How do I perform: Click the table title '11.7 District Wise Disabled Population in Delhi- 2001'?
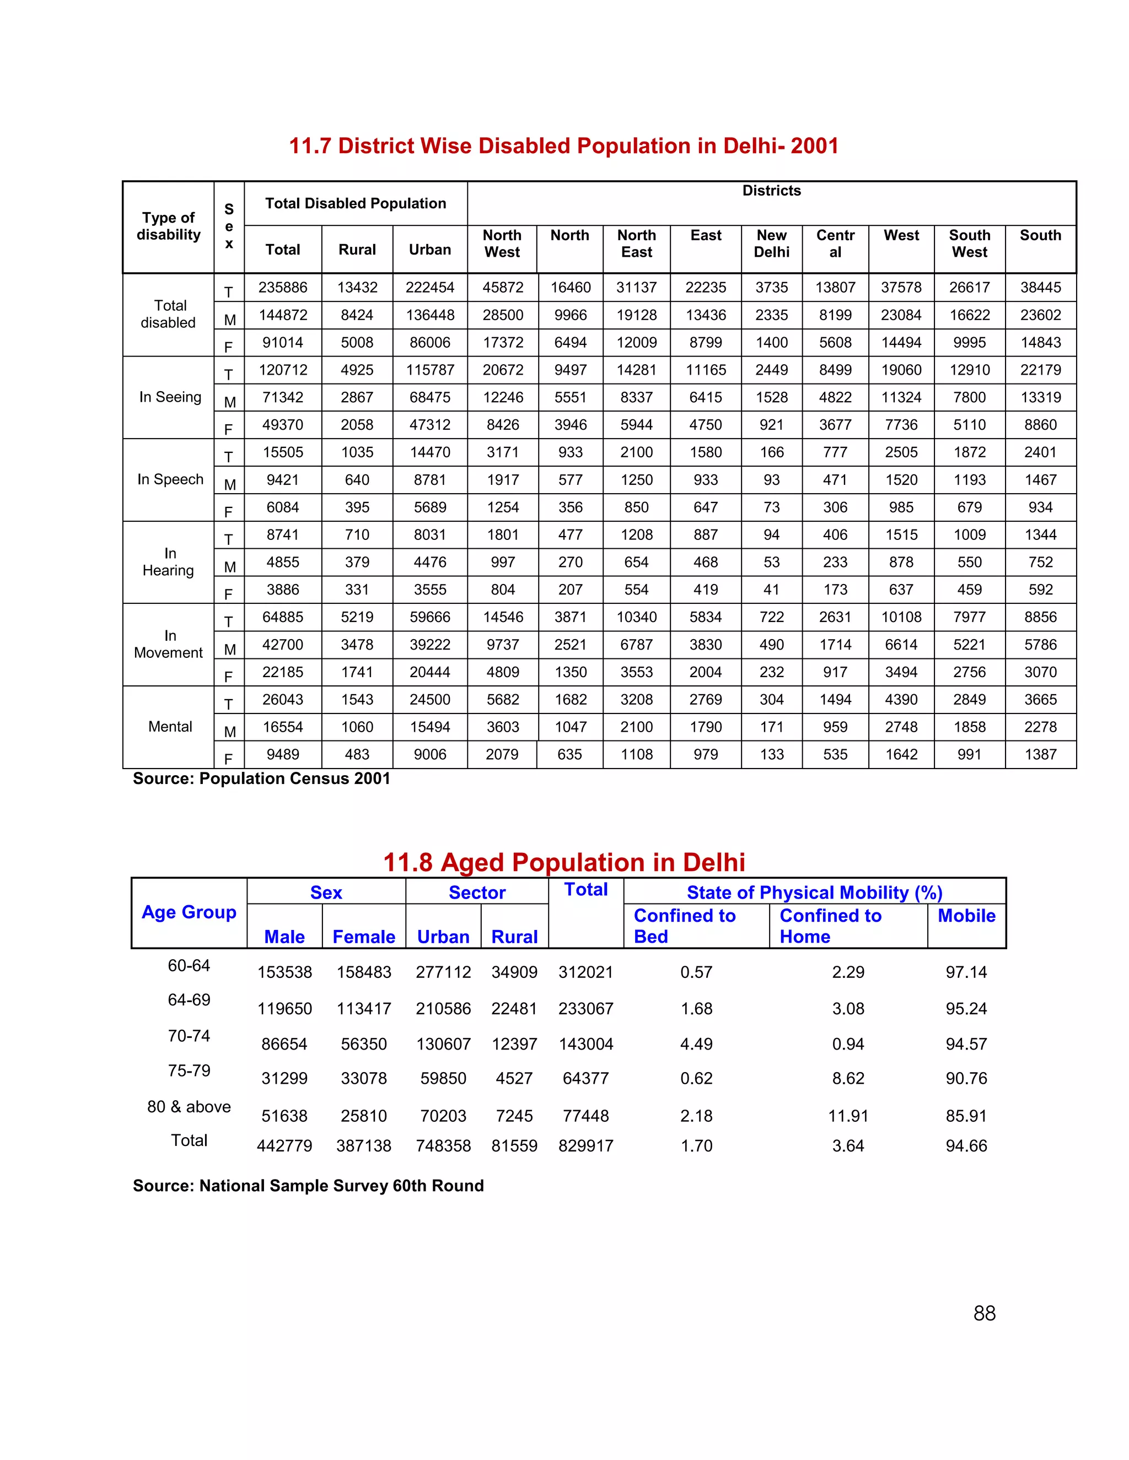563,146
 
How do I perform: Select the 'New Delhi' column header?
771,244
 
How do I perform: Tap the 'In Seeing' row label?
170,397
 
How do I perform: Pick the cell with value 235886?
283,288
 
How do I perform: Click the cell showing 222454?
429,288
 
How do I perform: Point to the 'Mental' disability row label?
170,727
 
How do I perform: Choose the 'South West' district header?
969,244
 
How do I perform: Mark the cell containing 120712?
283,370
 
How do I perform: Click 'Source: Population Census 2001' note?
261,779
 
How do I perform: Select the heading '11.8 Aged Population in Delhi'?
563,862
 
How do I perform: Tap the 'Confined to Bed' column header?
684,926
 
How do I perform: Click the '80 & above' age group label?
189,1107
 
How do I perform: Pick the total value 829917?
585,1146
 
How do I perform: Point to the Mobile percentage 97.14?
966,972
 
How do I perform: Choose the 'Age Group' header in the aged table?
189,912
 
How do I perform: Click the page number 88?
984,1313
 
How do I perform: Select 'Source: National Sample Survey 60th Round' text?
308,1186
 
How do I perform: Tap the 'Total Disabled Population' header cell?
355,203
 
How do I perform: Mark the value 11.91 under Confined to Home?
847,1116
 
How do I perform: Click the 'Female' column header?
363,937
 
